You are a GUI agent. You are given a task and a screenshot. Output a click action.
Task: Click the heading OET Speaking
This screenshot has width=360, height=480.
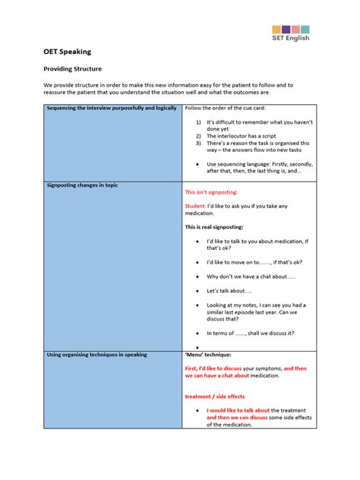pos(66,52)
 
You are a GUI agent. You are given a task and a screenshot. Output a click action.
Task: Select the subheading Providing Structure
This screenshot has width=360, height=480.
pos(72,68)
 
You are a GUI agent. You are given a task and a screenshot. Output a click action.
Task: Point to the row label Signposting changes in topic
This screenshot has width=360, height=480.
pos(82,185)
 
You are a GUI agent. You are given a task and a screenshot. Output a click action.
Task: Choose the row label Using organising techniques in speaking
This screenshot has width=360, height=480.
pos(96,354)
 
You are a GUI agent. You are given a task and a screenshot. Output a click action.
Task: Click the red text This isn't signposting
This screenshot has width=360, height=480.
pos(212,193)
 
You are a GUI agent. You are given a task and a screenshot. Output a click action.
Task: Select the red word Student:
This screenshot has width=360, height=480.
pos(196,206)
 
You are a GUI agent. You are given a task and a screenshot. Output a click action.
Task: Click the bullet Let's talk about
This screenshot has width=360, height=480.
pos(229,291)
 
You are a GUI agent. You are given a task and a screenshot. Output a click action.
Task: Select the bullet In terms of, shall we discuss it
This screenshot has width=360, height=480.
pos(250,333)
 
